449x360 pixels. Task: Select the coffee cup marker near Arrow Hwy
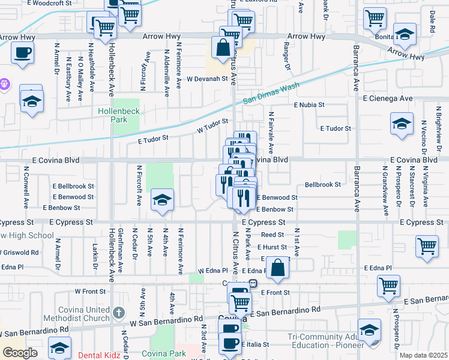(22, 52)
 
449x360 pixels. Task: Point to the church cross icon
(119, 313)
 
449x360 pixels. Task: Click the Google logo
(20, 352)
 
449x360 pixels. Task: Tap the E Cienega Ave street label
(387, 98)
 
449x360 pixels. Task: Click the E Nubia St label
(309, 104)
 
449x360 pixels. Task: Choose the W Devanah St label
(208, 79)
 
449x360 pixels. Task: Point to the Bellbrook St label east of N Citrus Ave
(323, 185)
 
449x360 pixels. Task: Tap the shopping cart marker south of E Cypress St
(427, 246)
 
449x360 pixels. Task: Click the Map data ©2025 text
(424, 355)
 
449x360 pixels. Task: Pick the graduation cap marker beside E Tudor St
(402, 124)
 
